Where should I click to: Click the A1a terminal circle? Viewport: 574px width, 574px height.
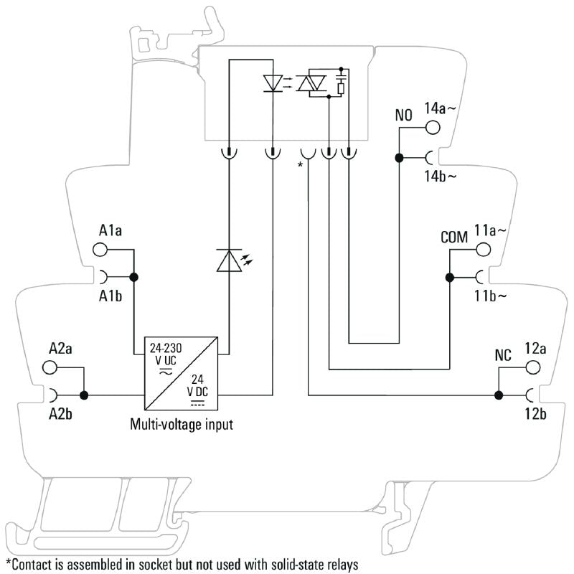pos(100,250)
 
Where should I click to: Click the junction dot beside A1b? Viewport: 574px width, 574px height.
pos(133,277)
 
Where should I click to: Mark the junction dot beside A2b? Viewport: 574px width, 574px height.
pos(84,395)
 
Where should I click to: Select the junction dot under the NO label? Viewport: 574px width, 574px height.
pos(397,156)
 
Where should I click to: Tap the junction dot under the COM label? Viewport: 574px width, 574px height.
pos(448,277)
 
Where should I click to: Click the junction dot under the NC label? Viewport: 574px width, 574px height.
pos(498,395)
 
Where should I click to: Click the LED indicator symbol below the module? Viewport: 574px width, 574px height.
pos(229,261)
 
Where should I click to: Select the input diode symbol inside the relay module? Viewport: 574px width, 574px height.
pos(272,83)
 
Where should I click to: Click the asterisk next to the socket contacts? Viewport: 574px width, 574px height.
pos(300,166)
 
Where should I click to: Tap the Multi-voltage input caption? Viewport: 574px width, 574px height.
pos(181,424)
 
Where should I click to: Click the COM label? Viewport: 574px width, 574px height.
pos(454,237)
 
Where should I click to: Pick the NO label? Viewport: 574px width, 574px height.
pos(403,115)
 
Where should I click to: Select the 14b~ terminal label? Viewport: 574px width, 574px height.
pos(441,177)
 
